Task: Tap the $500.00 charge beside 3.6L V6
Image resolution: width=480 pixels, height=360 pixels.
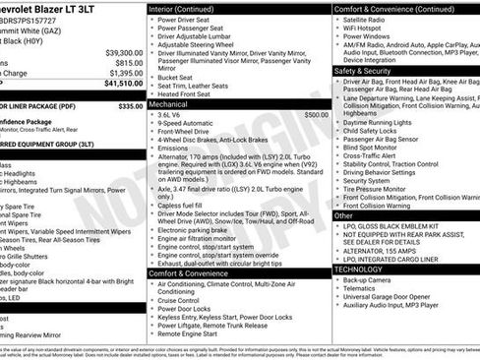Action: [x=316, y=114]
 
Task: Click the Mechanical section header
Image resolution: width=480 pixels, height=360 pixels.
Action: [x=169, y=102]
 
